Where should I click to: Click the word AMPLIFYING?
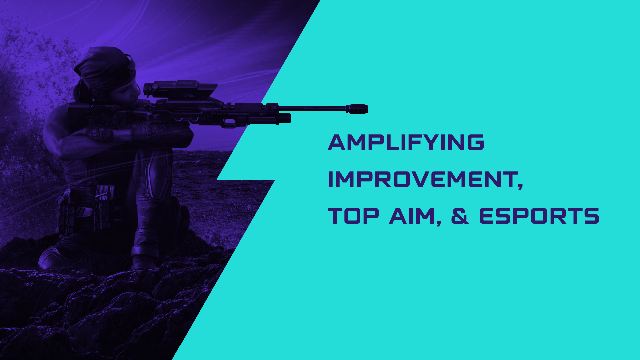(x=406, y=142)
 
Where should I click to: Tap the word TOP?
(x=353, y=216)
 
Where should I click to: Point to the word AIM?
(x=412, y=216)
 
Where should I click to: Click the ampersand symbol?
(x=460, y=216)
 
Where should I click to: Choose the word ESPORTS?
(x=539, y=216)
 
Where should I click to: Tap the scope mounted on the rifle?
(x=180, y=89)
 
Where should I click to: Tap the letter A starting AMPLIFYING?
(x=338, y=142)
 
